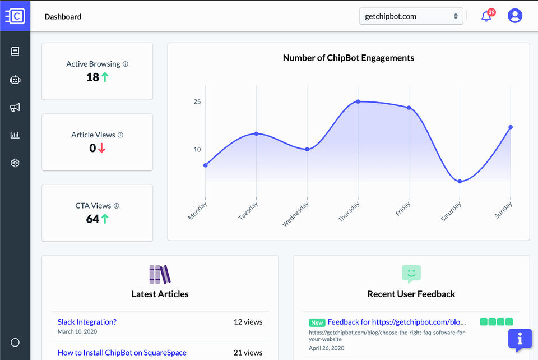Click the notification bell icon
tap(486, 17)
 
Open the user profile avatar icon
tap(514, 16)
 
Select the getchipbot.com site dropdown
tap(411, 16)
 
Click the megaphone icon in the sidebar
tap(15, 107)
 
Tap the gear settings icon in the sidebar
tap(15, 163)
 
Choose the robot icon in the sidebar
tap(15, 80)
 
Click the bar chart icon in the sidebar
tap(15, 135)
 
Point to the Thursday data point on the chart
tap(358, 101)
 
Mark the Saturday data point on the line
tap(460, 182)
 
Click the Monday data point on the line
tap(205, 165)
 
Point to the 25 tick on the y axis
tap(197, 102)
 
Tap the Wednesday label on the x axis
tap(296, 214)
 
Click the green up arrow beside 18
tap(105, 77)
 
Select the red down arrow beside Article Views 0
tap(101, 148)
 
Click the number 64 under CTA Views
tap(92, 219)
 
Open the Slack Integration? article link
tap(87, 322)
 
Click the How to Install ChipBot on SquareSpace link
tap(122, 353)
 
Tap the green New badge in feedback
tap(317, 322)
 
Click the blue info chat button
tap(520, 339)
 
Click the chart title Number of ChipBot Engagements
tap(349, 58)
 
